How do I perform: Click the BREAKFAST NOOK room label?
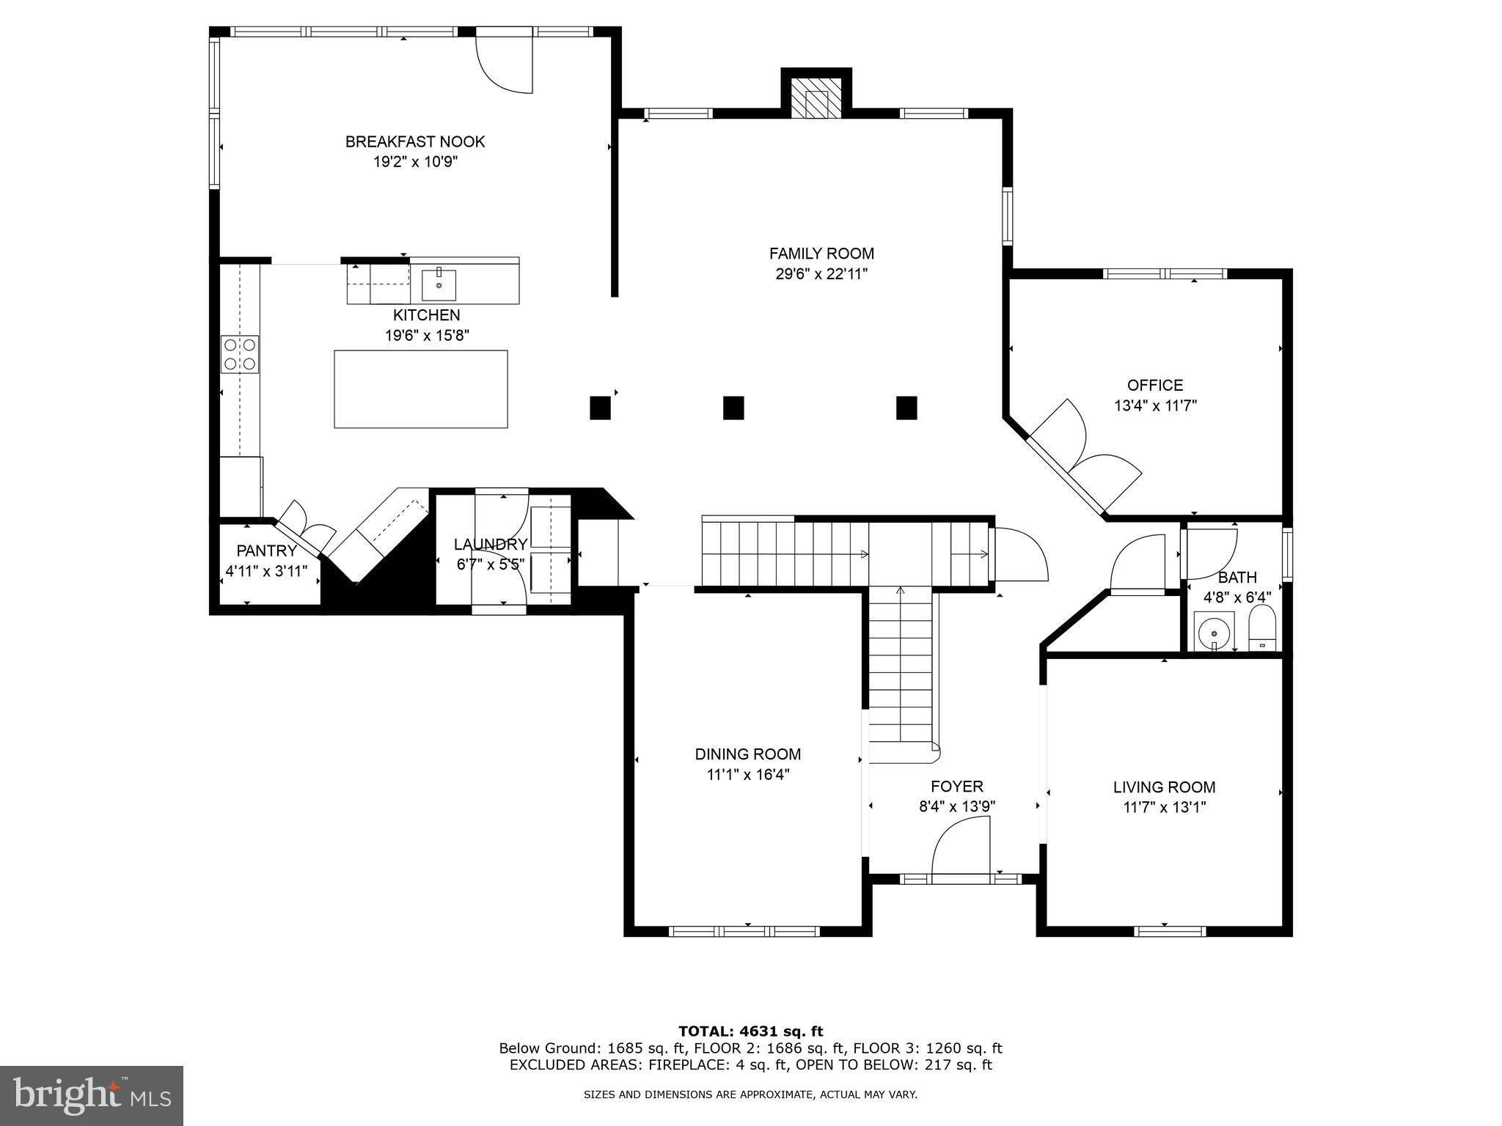(x=415, y=141)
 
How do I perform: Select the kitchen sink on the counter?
(x=439, y=285)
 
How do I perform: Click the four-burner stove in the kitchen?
(x=240, y=354)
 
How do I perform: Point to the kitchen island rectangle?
(x=421, y=389)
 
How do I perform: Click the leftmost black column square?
(x=600, y=408)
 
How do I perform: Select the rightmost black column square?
(x=906, y=408)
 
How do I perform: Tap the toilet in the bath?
(x=1262, y=629)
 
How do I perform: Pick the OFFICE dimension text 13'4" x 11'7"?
(x=1155, y=405)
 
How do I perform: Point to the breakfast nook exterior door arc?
(x=505, y=66)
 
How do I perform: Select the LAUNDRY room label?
(x=490, y=545)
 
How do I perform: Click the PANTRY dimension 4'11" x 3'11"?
(x=266, y=571)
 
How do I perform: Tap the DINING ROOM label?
(x=747, y=754)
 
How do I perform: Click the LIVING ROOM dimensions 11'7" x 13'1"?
(x=1164, y=807)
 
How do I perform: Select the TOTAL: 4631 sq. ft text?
(x=750, y=1031)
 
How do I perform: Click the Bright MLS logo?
(x=92, y=1095)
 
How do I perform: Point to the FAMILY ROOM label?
(x=821, y=254)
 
